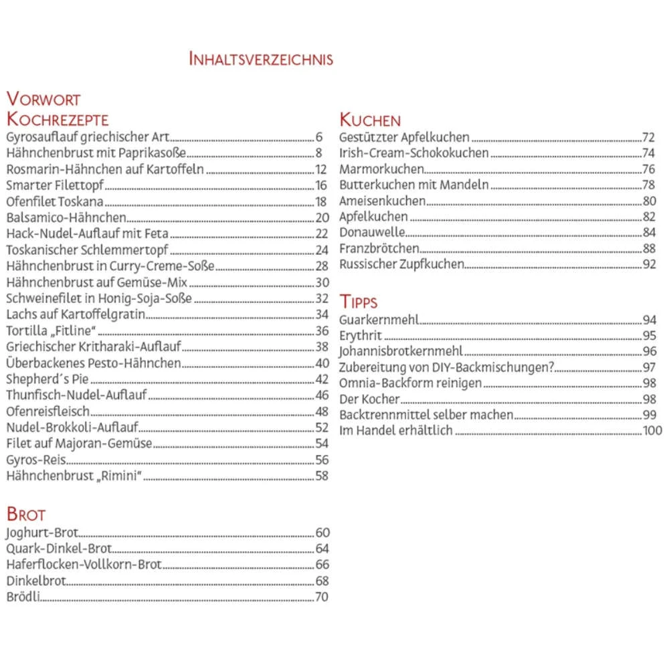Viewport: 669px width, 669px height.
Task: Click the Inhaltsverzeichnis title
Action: [x=261, y=59]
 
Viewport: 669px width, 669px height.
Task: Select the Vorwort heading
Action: [x=43, y=100]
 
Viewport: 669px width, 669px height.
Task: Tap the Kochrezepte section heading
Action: [x=58, y=120]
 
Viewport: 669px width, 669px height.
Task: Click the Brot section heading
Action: [x=26, y=514]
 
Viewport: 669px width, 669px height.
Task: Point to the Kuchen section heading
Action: [x=370, y=120]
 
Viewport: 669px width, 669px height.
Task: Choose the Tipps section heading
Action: [x=358, y=302]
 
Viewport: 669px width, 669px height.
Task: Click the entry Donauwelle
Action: [x=372, y=233]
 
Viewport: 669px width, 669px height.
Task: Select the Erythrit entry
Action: [x=361, y=336]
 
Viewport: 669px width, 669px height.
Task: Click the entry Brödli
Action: [x=22, y=597]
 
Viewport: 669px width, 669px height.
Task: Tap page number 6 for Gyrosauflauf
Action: [x=319, y=138]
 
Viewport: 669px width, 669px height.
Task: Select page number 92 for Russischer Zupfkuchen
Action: [x=649, y=265]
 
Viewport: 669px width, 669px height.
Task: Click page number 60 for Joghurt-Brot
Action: [x=322, y=533]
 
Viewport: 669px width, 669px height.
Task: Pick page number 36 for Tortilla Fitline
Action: [x=322, y=331]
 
